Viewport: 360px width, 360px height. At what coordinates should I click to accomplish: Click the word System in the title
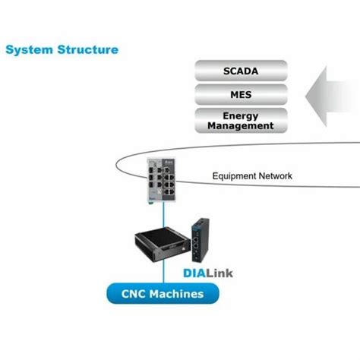28,50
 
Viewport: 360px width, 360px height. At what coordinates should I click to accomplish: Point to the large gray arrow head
319,96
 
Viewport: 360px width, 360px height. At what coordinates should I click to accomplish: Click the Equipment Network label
251,176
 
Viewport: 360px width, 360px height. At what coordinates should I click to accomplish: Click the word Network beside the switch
273,176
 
